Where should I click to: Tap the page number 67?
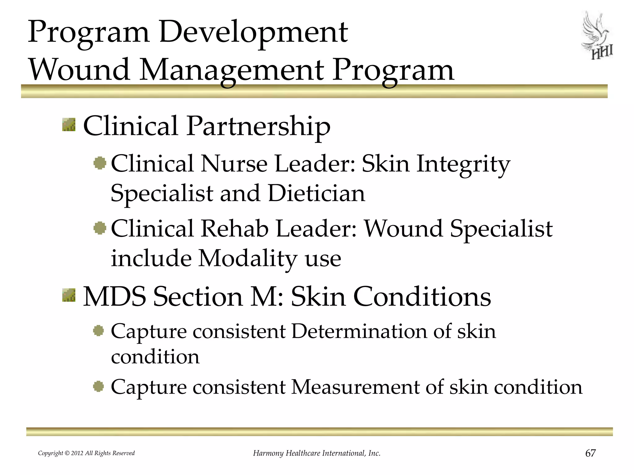point(590,453)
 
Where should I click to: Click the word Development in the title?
point(254,32)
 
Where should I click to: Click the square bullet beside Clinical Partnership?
point(69,125)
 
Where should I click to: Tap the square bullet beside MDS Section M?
point(69,295)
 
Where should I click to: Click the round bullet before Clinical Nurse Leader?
point(100,163)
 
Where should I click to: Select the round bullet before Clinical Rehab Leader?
point(100,228)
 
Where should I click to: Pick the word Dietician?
point(316,193)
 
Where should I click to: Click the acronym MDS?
point(115,297)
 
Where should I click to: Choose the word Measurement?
point(356,387)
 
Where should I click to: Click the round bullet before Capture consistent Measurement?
point(98,387)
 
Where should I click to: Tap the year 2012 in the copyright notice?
point(77,453)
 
